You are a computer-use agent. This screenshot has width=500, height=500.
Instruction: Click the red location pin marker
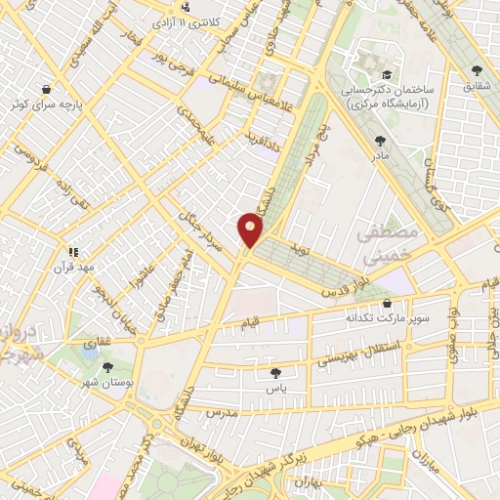(250, 229)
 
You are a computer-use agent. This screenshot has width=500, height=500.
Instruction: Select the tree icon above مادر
(379, 141)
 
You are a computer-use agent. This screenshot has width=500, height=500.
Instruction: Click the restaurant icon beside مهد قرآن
(72, 251)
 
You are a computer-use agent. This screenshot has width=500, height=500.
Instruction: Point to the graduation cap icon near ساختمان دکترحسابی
(387, 75)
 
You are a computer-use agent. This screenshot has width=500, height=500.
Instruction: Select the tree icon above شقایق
(477, 70)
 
